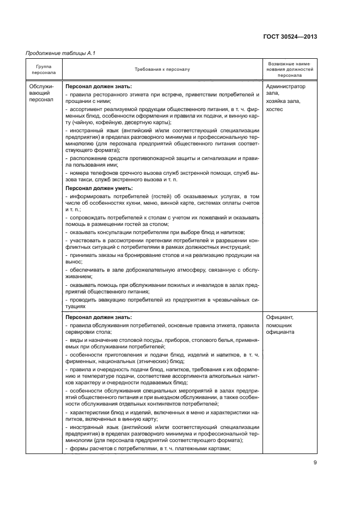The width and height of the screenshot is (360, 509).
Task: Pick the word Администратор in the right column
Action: (286, 86)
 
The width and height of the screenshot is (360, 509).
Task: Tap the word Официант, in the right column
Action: (280, 317)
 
